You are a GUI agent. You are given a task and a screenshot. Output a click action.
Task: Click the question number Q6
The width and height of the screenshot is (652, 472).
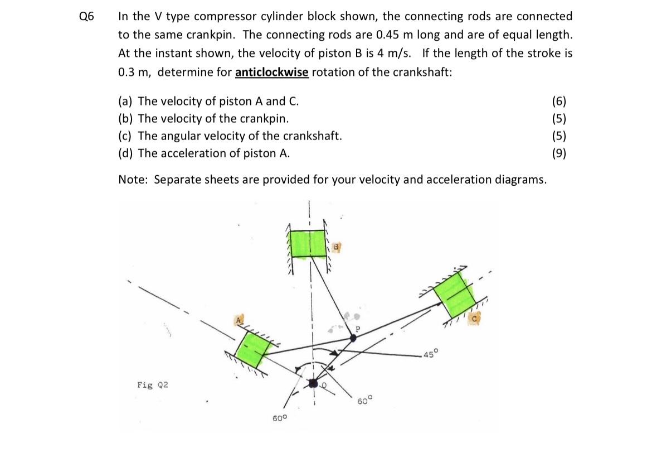[86, 17]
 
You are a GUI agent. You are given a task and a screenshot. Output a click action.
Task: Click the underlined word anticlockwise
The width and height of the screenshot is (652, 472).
[272, 73]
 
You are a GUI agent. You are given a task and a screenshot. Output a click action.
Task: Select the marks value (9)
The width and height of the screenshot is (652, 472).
[559, 153]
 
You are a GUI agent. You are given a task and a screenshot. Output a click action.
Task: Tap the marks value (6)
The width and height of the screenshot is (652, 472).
[559, 102]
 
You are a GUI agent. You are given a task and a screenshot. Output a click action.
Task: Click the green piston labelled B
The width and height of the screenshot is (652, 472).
[309, 244]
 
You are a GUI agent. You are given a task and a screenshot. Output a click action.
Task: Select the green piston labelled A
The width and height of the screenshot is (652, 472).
[253, 349]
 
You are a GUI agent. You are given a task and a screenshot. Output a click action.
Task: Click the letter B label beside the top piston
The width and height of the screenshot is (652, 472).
[336, 247]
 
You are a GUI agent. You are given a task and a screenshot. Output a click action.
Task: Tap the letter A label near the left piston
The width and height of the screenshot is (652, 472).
[239, 320]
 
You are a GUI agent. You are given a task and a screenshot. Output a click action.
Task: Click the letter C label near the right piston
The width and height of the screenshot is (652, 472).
[474, 319]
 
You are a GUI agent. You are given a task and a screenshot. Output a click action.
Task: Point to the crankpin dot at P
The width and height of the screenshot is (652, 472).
[353, 338]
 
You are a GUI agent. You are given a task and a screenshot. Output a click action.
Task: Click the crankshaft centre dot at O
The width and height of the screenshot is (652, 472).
[313, 383]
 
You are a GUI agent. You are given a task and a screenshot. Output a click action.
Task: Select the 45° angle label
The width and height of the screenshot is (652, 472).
[430, 354]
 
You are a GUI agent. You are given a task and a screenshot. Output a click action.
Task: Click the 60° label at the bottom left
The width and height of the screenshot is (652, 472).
[279, 418]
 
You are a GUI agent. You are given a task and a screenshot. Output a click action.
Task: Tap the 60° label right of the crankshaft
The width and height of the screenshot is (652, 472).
[364, 401]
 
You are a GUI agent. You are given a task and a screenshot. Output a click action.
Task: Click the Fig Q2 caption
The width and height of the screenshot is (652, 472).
[153, 385]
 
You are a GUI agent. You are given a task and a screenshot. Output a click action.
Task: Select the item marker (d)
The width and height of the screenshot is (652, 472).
[125, 153]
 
